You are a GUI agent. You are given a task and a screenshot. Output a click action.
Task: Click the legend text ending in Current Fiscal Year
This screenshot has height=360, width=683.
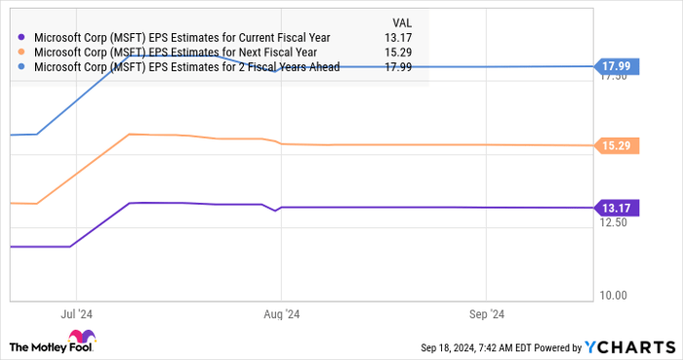[x=181, y=38]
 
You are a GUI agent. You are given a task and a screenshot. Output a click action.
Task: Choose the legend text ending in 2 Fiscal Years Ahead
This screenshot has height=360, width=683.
[x=186, y=67]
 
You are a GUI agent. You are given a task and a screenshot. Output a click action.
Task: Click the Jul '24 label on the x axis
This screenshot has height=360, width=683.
[x=75, y=314]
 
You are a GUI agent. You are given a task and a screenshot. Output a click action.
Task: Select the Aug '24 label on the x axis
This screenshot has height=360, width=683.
[x=281, y=314]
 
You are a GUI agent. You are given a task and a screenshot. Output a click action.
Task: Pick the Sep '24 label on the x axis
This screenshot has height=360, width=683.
[x=487, y=314]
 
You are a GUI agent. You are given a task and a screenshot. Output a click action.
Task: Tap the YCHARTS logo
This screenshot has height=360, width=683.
[x=628, y=346]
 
